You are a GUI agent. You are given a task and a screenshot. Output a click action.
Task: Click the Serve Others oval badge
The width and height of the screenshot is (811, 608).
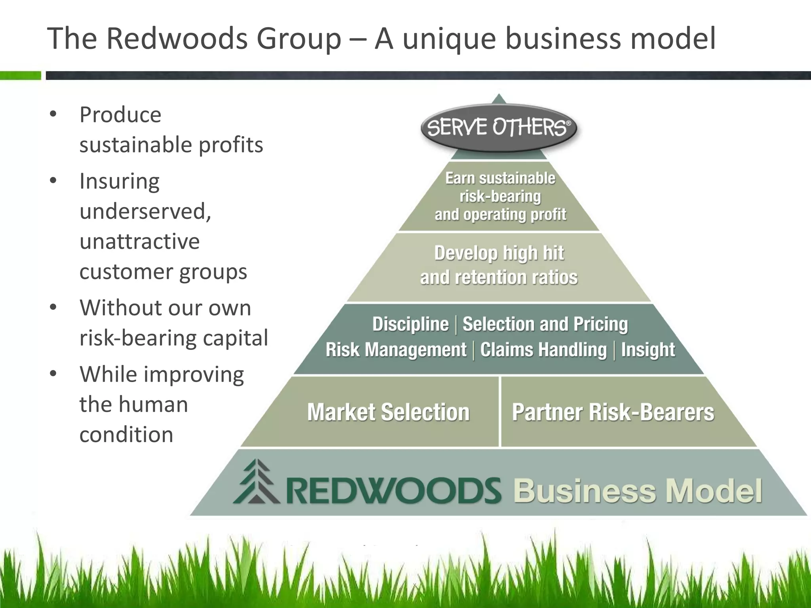(x=499, y=127)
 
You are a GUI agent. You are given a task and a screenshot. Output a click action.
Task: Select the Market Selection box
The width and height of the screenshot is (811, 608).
(x=388, y=412)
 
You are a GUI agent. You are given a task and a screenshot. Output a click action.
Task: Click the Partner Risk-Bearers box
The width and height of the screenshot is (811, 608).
(x=613, y=412)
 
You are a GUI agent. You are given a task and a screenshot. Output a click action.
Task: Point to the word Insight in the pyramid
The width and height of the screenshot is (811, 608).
(x=648, y=350)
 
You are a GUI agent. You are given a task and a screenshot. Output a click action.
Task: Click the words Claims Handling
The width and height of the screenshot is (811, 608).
(x=543, y=350)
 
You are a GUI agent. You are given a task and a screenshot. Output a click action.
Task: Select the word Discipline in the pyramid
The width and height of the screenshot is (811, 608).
(x=410, y=324)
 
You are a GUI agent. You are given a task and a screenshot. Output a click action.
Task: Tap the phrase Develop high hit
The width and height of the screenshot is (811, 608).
(x=499, y=253)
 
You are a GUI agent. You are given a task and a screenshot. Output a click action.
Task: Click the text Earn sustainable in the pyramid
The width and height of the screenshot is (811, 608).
(x=500, y=179)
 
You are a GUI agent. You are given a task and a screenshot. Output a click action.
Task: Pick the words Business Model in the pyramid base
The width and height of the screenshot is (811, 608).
(x=638, y=491)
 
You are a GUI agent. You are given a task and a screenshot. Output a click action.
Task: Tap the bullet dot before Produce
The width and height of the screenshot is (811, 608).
(x=53, y=115)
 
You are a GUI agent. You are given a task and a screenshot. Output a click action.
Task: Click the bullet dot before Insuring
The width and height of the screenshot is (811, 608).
(x=53, y=181)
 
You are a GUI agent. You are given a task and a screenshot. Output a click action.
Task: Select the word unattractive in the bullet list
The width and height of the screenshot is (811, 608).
(x=139, y=241)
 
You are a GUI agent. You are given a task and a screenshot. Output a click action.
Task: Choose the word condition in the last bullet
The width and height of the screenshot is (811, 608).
(x=126, y=435)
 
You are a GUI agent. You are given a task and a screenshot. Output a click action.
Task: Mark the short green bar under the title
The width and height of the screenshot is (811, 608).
(x=20, y=75)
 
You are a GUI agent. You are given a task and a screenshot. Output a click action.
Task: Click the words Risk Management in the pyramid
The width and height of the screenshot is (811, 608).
(x=396, y=350)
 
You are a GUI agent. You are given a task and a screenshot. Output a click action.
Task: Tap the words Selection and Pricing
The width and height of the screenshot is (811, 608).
(x=545, y=324)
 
